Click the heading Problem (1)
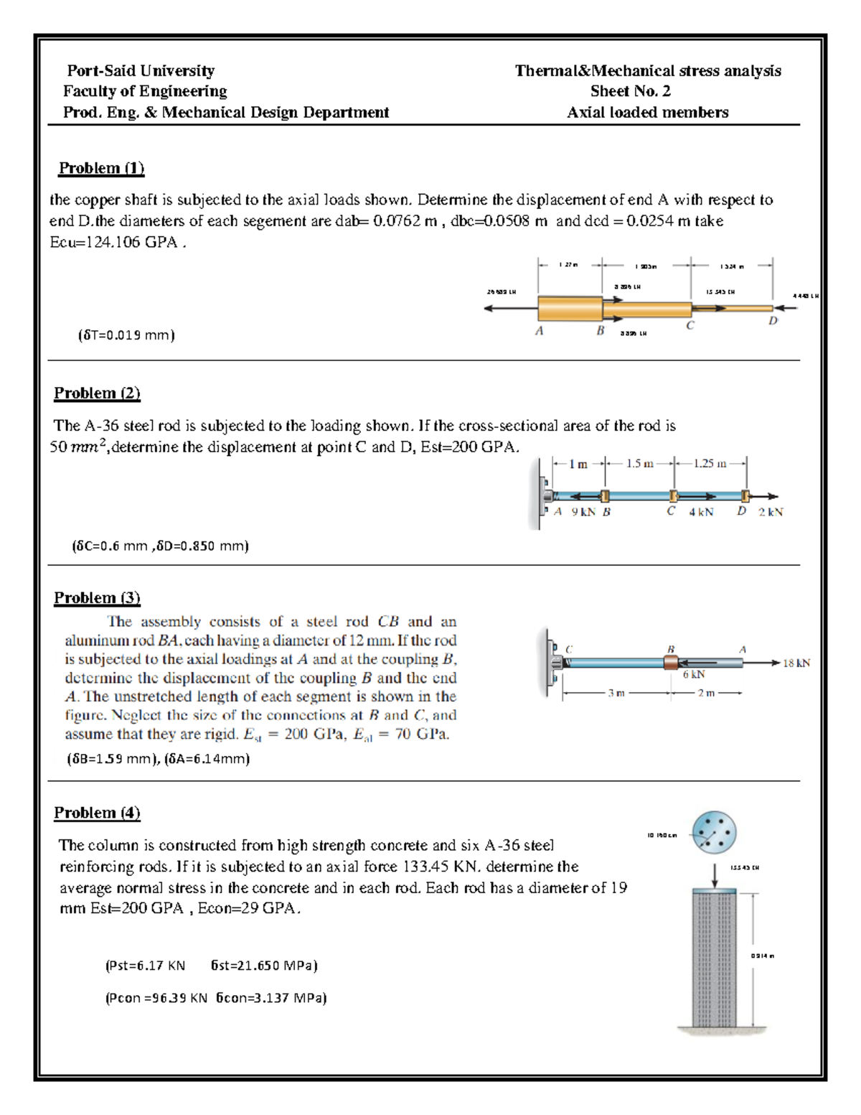101,168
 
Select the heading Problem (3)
97,598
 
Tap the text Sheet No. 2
630,91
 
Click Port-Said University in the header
141,70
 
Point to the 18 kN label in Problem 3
796,663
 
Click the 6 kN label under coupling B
694,674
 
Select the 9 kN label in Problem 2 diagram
583,512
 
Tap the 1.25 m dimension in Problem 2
709,464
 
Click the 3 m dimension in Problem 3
616,693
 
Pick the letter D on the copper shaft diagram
773,321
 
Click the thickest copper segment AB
570,308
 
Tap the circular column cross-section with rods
714,833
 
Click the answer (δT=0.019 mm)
126,335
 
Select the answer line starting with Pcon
215,997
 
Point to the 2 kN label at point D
771,512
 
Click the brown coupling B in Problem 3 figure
671,661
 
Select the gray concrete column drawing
714,958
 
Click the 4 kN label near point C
701,512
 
